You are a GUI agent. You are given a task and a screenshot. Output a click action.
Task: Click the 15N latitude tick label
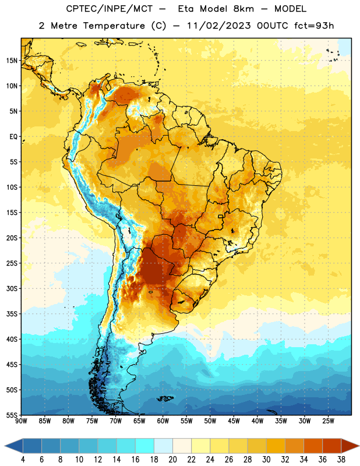click(x=12, y=61)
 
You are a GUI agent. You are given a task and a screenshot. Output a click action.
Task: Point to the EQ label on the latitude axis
click(x=13, y=137)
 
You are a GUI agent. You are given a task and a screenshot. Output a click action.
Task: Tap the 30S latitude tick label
click(x=12, y=288)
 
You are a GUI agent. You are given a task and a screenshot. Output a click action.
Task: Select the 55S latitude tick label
click(x=12, y=415)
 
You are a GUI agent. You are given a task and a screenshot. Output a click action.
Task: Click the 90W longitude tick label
click(x=21, y=421)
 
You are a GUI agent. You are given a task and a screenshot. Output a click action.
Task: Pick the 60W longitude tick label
click(x=163, y=421)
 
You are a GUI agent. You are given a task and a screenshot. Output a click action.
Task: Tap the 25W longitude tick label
click(x=328, y=421)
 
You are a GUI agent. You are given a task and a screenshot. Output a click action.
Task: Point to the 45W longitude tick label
click(x=234, y=421)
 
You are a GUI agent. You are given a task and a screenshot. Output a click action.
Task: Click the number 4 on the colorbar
click(x=23, y=460)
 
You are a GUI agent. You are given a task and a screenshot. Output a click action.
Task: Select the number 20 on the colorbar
click(x=172, y=460)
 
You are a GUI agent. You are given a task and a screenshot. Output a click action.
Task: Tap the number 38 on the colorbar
click(x=341, y=460)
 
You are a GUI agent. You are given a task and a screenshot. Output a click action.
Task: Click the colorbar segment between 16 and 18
click(x=145, y=446)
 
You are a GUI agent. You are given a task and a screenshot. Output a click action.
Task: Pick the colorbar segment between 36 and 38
click(x=332, y=446)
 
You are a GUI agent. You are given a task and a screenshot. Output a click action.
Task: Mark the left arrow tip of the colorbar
click(x=5, y=446)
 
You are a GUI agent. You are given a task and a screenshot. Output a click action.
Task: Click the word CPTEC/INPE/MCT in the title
click(x=110, y=9)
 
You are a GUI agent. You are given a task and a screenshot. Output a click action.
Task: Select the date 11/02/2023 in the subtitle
click(x=219, y=26)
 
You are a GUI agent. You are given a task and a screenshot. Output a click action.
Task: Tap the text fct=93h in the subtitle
click(x=314, y=26)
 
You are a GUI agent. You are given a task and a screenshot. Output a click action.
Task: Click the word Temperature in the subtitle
click(x=114, y=26)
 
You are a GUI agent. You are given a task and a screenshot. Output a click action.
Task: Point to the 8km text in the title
click(x=243, y=9)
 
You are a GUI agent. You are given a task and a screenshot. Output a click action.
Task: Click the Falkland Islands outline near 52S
click(x=165, y=398)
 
